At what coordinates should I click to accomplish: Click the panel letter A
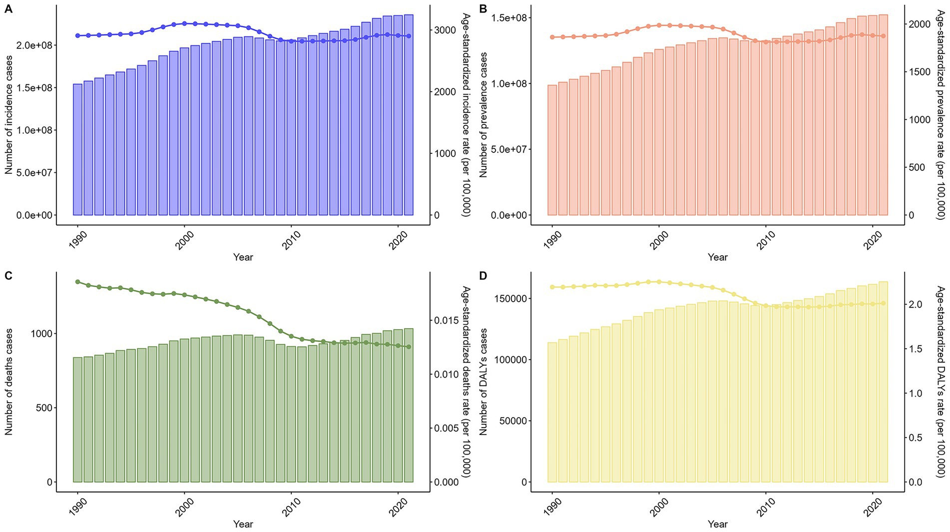[x=8, y=8]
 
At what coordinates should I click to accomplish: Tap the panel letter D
[x=483, y=276]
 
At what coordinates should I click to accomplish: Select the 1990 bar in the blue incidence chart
[x=77, y=150]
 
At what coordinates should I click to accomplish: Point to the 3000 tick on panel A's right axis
[x=445, y=30]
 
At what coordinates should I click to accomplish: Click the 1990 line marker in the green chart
[x=77, y=282]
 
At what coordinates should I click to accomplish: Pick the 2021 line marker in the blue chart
[x=409, y=36]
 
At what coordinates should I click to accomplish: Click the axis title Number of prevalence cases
[x=483, y=115]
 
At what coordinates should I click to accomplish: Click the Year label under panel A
[x=243, y=257]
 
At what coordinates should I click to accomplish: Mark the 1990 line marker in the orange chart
[x=552, y=37]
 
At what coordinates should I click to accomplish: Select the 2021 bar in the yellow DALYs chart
[x=883, y=382]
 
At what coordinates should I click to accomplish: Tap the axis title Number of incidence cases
[x=8, y=115]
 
